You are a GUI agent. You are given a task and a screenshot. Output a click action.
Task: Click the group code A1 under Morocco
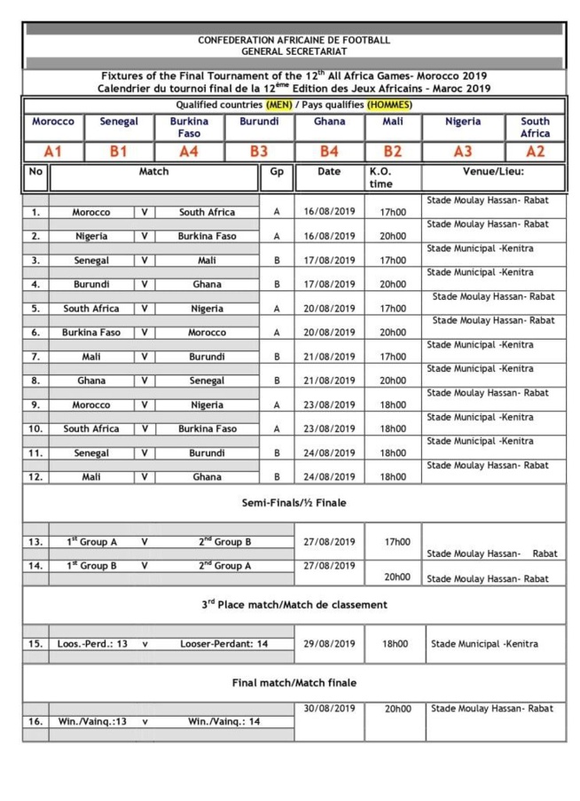[x=52, y=151]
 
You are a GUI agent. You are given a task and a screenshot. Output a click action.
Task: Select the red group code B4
[x=329, y=151]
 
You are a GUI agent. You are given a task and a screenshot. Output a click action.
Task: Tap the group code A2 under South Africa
[x=535, y=151]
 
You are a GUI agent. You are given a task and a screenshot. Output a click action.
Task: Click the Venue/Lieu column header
[x=493, y=171]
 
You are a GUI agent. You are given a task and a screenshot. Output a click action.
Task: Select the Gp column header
[x=276, y=171]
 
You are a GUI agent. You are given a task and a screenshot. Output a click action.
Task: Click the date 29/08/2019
[x=328, y=644]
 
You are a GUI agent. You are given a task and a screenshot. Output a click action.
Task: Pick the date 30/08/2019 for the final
[x=328, y=709]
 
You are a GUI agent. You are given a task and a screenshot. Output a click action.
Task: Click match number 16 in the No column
[x=35, y=722]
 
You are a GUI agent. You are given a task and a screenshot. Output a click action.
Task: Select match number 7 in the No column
[x=35, y=357]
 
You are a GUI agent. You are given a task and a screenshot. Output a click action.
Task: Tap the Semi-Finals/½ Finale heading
[x=294, y=503]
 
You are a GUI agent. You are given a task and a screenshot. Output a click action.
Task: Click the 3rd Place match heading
[x=294, y=605]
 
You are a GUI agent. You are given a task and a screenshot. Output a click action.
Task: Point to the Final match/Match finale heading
[x=294, y=683]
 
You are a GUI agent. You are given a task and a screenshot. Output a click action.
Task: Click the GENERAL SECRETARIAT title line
[x=294, y=51]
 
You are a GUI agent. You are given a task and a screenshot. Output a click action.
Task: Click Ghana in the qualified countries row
[x=329, y=122]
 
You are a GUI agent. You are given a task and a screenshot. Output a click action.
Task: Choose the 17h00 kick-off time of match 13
[x=396, y=541]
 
